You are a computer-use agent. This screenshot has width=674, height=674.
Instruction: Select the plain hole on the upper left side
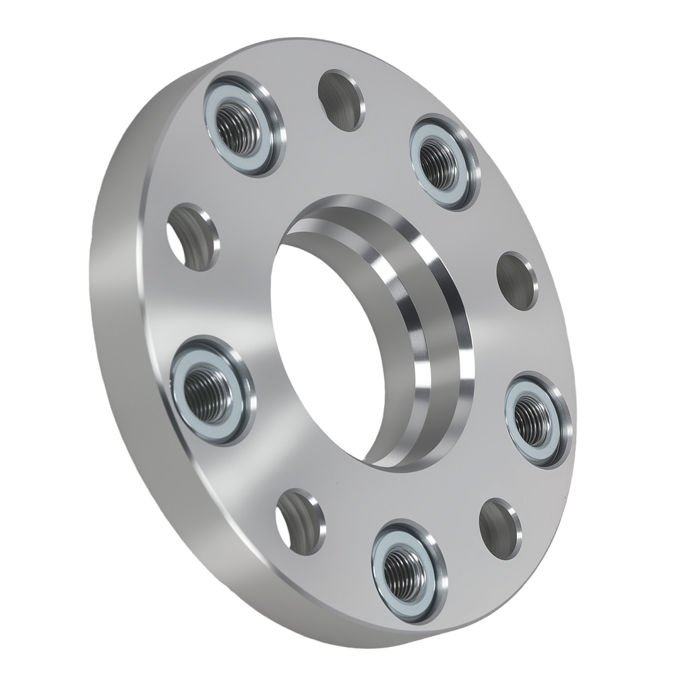(193, 236)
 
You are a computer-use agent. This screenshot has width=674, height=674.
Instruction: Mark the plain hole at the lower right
(500, 527)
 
